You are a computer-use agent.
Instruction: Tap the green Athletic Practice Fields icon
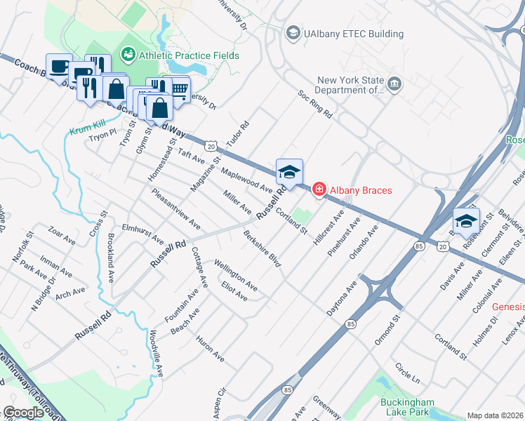click(128, 53)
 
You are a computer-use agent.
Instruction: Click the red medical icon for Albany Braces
click(319, 190)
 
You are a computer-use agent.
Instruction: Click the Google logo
click(23, 412)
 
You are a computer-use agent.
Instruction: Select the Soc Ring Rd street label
click(314, 104)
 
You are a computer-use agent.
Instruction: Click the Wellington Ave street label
click(235, 275)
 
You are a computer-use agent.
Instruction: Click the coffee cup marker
click(59, 66)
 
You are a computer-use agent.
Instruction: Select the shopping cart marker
click(179, 88)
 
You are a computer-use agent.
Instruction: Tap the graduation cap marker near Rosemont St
click(465, 221)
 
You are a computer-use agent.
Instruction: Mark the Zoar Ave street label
click(61, 235)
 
